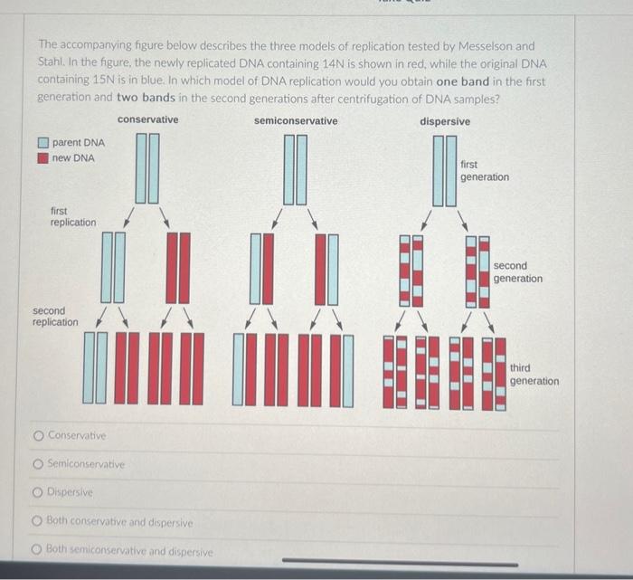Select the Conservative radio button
39,436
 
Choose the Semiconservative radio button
39,465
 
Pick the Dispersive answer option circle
39,494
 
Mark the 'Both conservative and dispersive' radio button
39,523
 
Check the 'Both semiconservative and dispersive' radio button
39,551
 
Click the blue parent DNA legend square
43,143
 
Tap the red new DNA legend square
43,158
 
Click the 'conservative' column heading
147,119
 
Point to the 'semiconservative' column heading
296,120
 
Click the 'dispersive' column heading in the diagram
445,120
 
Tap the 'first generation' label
484,171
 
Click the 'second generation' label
517,272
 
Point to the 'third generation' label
534,375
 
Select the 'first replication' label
72,216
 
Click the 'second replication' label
55,316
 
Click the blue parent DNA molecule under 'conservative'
147,168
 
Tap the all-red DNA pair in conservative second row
179,268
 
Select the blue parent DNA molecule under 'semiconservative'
295,169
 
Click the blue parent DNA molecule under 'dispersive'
444,170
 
